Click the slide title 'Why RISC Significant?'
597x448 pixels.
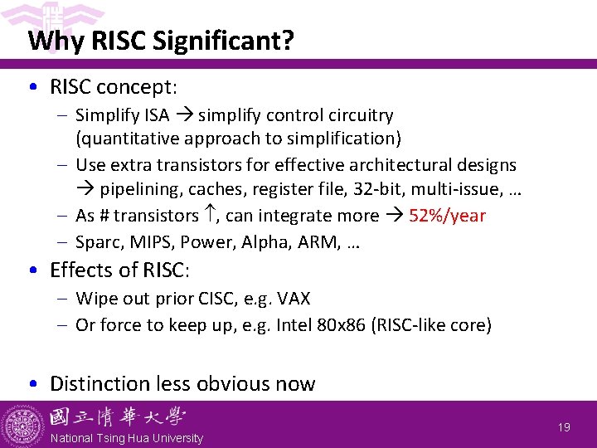(x=160, y=41)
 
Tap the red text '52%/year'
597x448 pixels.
(x=448, y=216)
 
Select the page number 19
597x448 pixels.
(x=564, y=427)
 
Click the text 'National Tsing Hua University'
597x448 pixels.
(x=126, y=438)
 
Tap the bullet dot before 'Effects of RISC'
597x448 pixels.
(x=32, y=270)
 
